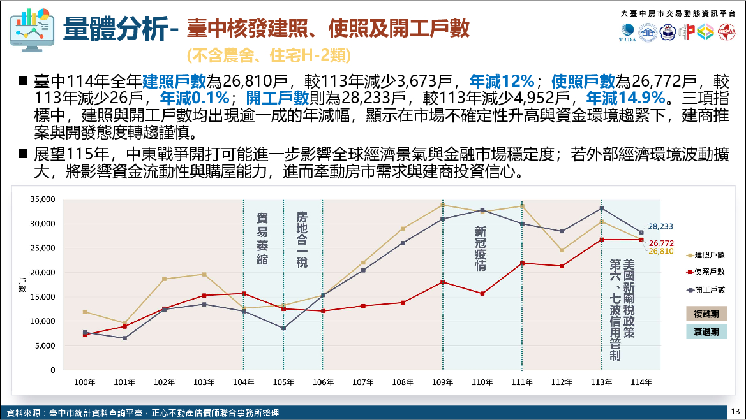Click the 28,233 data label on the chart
coord(661,226)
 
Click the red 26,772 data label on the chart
coord(661,243)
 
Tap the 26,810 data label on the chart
coord(661,251)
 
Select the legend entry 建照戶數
coord(708,255)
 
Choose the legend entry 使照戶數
coord(708,272)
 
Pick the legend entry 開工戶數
coord(708,289)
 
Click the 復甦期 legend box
coord(706,314)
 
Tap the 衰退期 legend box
coord(706,331)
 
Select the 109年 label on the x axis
coord(442,382)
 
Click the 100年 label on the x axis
coord(85,382)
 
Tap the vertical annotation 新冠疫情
coord(481,248)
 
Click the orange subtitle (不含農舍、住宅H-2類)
coord(269,56)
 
